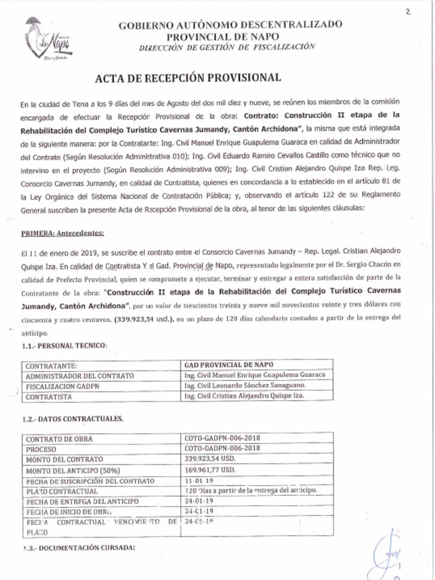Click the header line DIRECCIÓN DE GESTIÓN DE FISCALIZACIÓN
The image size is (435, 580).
(x=227, y=47)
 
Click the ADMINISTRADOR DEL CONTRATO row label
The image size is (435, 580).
(x=80, y=376)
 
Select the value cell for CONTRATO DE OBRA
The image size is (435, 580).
(x=222, y=438)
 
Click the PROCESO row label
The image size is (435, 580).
(x=41, y=449)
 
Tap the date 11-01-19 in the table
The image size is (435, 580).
(x=198, y=480)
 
